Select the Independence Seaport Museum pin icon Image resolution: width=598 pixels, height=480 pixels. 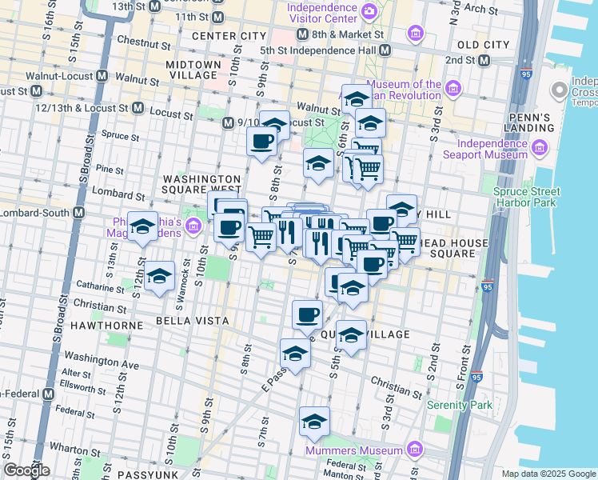[x=538, y=146]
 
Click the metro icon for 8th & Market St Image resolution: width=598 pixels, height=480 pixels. [x=302, y=35]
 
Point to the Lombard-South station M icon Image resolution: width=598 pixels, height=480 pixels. [x=78, y=213]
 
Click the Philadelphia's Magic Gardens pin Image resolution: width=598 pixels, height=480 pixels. [x=193, y=227]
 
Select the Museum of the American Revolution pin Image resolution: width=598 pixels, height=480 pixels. [x=453, y=88]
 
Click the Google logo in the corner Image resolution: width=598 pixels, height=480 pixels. [x=27, y=470]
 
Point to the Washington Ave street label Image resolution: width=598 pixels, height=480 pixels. [x=102, y=359]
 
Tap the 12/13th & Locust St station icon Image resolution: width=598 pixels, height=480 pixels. [x=138, y=108]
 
